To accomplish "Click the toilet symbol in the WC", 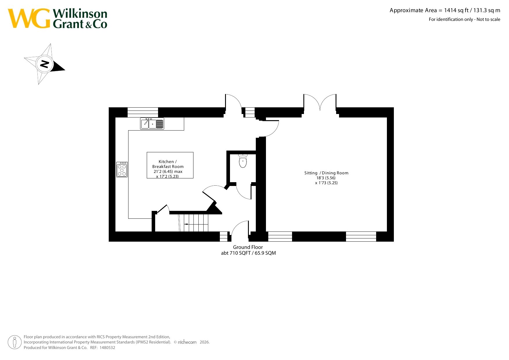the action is [x=243, y=161].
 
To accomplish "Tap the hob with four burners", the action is [x=122, y=169].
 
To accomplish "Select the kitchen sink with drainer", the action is [x=152, y=124].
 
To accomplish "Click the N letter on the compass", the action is [x=44, y=64].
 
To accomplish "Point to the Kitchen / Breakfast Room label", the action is [x=168, y=164].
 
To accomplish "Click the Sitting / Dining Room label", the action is [x=326, y=173].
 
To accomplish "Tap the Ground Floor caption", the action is [x=248, y=247].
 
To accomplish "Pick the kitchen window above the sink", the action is [x=143, y=112].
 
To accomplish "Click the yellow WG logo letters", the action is [x=29, y=18].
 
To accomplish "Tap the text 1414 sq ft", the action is [x=456, y=10].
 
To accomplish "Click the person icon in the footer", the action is [x=15, y=342].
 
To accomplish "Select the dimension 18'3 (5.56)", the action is [x=326, y=178].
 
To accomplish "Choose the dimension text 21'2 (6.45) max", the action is [x=168, y=171].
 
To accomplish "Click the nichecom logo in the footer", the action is [x=187, y=342].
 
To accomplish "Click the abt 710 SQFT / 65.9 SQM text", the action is [x=249, y=253].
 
